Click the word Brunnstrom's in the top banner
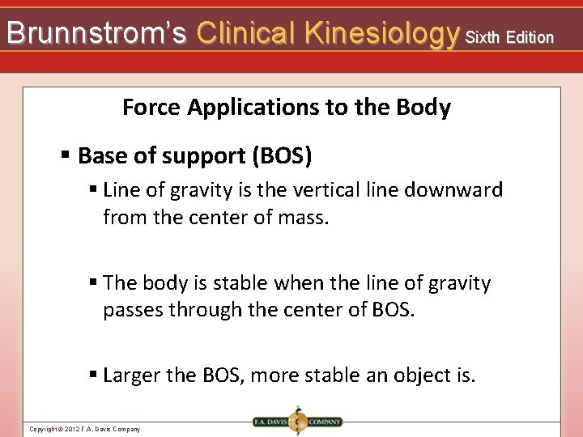[96, 33]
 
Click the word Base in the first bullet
[101, 155]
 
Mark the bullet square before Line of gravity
[94, 190]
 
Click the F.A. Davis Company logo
[297, 422]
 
